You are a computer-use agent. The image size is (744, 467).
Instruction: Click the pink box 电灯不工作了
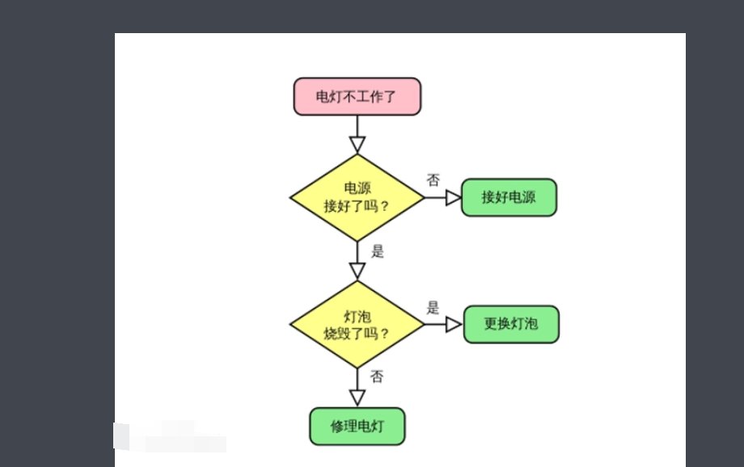coord(357,96)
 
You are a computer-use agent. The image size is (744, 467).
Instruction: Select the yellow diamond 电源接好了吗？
coord(357,198)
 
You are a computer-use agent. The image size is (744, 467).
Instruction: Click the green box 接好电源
coord(509,198)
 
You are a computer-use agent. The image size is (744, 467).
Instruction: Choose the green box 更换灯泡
coord(510,324)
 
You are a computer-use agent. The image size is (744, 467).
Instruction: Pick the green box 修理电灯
coord(357,426)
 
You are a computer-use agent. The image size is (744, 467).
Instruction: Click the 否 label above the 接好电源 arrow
coord(433,179)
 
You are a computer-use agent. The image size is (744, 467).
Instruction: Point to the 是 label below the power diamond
coord(377,250)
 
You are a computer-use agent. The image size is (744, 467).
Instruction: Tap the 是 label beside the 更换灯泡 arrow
coord(433,307)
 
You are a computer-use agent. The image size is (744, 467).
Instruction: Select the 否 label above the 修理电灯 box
coord(377,377)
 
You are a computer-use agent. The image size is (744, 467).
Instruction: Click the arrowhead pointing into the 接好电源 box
coord(453,198)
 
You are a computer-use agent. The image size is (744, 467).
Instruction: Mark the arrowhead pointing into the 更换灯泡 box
coord(454,324)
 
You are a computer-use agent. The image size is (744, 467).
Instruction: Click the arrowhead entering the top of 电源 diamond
coord(357,145)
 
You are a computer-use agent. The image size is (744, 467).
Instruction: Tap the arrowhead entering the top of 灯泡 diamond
coord(357,271)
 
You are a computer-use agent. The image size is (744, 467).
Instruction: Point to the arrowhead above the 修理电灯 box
coord(357,398)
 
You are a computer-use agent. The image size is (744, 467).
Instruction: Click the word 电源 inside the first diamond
coord(357,188)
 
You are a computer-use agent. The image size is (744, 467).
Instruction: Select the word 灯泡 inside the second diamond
coord(357,316)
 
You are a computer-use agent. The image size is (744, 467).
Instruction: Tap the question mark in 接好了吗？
coord(384,206)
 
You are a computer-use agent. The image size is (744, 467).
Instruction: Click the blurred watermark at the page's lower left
coord(170,436)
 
